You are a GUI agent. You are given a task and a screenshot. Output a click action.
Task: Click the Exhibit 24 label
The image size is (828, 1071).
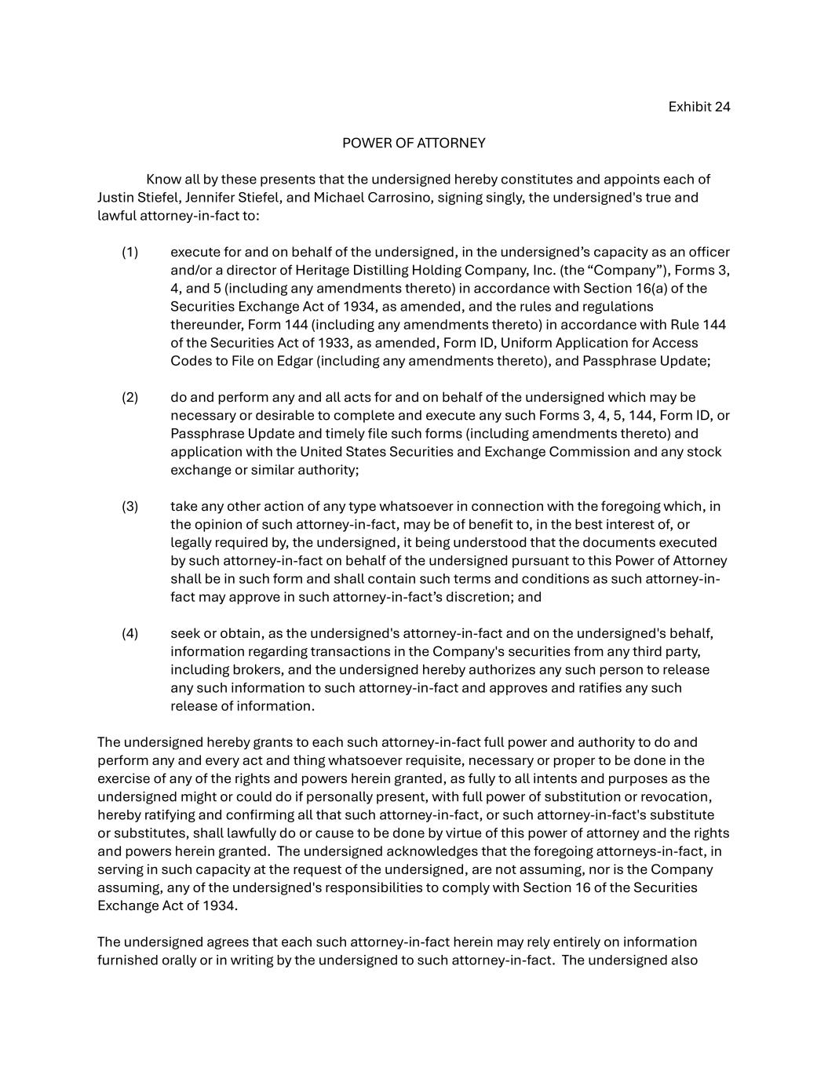[x=699, y=107]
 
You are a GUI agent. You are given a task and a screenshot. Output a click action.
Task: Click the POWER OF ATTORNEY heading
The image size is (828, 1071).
[x=414, y=144]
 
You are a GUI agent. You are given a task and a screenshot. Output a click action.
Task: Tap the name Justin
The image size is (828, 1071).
[x=116, y=198]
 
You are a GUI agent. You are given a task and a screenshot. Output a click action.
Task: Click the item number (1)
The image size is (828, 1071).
[x=129, y=253]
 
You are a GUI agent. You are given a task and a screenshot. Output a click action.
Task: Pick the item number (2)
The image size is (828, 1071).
[x=129, y=398]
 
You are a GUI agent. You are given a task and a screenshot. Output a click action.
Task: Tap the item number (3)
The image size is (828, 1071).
[x=129, y=507]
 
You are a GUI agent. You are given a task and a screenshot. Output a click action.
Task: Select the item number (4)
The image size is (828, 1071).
[x=129, y=634]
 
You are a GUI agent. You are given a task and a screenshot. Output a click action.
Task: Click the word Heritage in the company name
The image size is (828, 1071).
[x=301, y=271]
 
